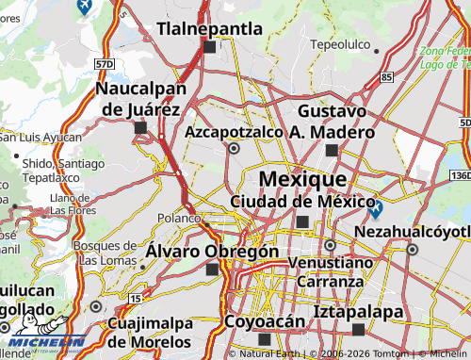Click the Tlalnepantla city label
(x=209, y=29)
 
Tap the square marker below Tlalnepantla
(x=209, y=46)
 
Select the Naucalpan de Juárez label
(x=138, y=98)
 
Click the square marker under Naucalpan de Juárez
(x=140, y=127)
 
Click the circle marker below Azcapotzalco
(x=235, y=148)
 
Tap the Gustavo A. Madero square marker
(x=331, y=150)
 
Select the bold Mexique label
(x=301, y=179)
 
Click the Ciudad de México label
(x=297, y=201)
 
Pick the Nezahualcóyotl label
(x=413, y=231)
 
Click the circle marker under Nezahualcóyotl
(x=413, y=249)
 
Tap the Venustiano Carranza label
(x=330, y=271)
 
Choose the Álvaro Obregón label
(x=212, y=252)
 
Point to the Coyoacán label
(x=265, y=321)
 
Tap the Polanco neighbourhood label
(x=179, y=218)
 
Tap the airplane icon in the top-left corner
(x=82, y=8)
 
